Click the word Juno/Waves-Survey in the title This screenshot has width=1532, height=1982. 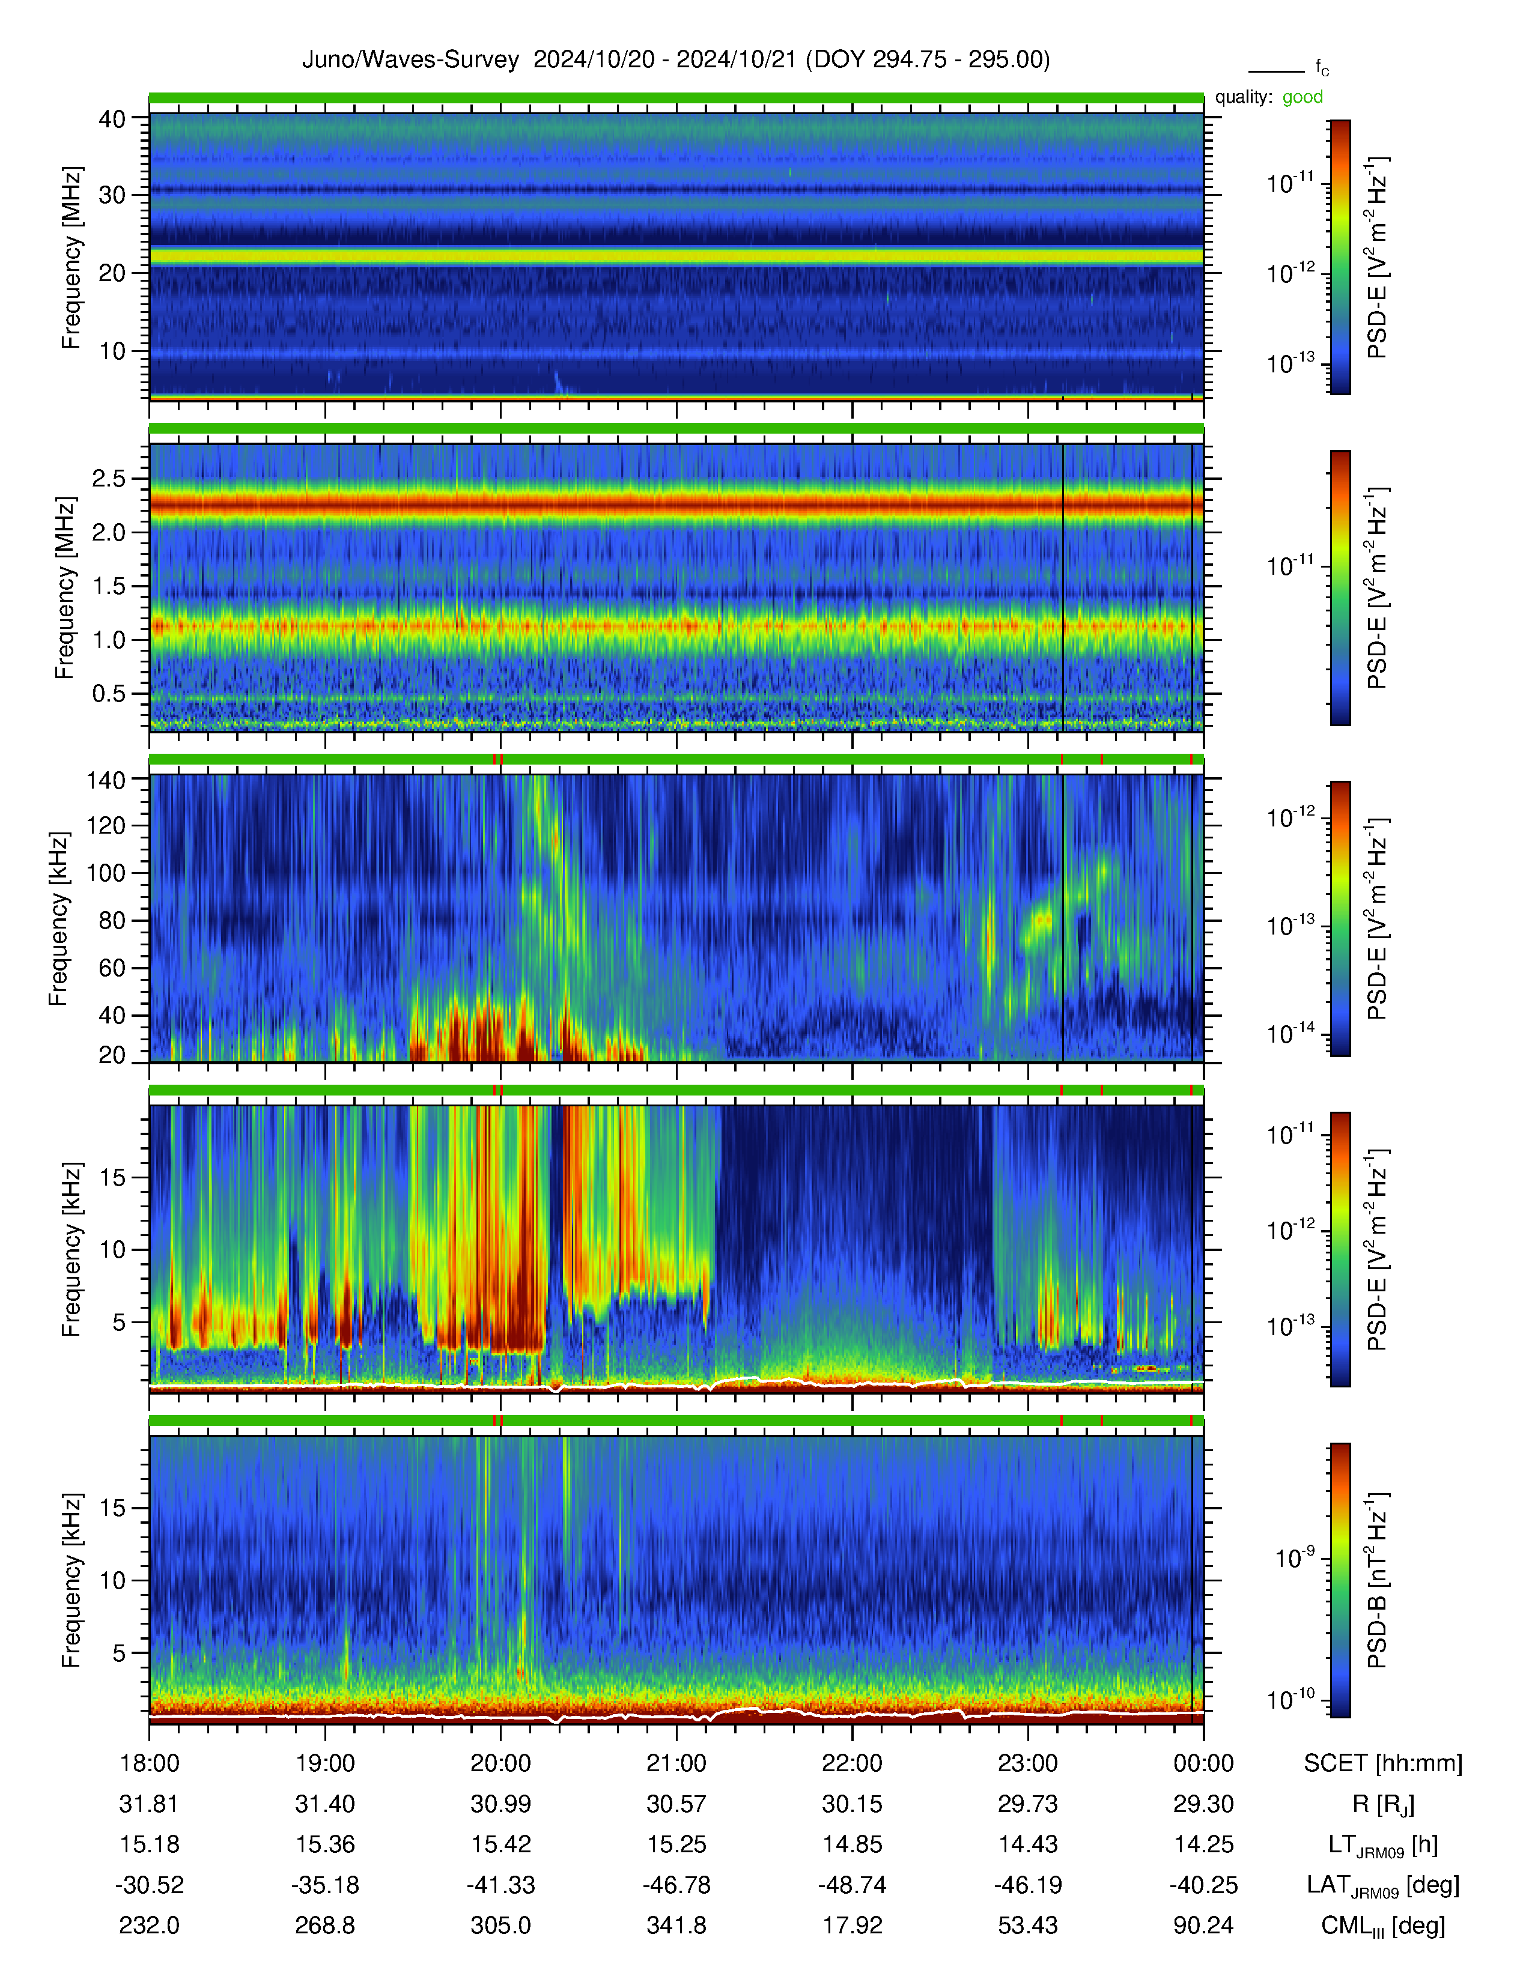[x=410, y=60]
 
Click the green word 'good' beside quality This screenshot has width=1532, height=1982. [x=1303, y=97]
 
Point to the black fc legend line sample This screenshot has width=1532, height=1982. [x=1276, y=71]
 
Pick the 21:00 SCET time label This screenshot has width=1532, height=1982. [x=676, y=1763]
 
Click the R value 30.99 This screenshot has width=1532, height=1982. [x=500, y=1804]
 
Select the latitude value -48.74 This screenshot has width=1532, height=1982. [x=851, y=1885]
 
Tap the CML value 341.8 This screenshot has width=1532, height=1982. [x=676, y=1926]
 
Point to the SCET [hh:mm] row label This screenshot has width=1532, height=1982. [x=1382, y=1763]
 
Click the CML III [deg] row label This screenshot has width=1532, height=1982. [x=1382, y=1926]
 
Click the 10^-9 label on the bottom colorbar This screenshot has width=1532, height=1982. [x=1294, y=1557]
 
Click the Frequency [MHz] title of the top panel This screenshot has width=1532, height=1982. [x=71, y=258]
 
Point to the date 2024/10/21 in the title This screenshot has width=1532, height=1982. [x=736, y=60]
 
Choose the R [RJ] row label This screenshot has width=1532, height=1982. [x=1382, y=1804]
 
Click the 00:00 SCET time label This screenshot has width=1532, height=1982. [x=1203, y=1763]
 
